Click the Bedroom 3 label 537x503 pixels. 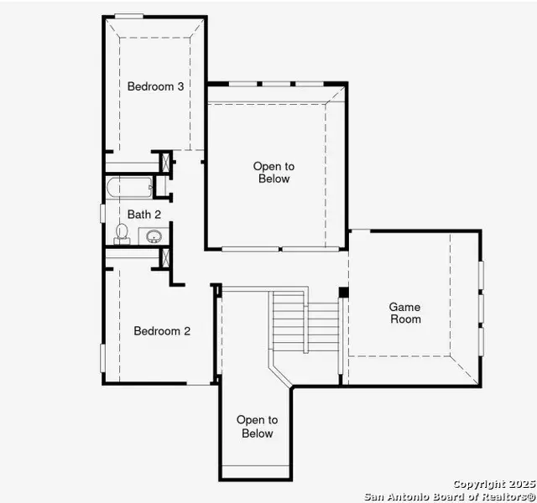[155, 86]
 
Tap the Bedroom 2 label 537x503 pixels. [162, 331]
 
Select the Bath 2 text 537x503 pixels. [144, 215]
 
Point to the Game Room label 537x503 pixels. [404, 313]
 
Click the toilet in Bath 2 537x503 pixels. [122, 232]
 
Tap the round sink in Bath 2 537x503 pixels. [154, 236]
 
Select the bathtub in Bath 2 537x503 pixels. [130, 188]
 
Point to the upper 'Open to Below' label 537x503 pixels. [273, 173]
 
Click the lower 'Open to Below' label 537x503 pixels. [257, 427]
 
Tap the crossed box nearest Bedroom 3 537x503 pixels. [165, 161]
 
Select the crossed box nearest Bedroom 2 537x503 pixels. [165, 257]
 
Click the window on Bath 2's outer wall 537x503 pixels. [103, 213]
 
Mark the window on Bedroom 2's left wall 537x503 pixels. [103, 356]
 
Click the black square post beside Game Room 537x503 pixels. [343, 292]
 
